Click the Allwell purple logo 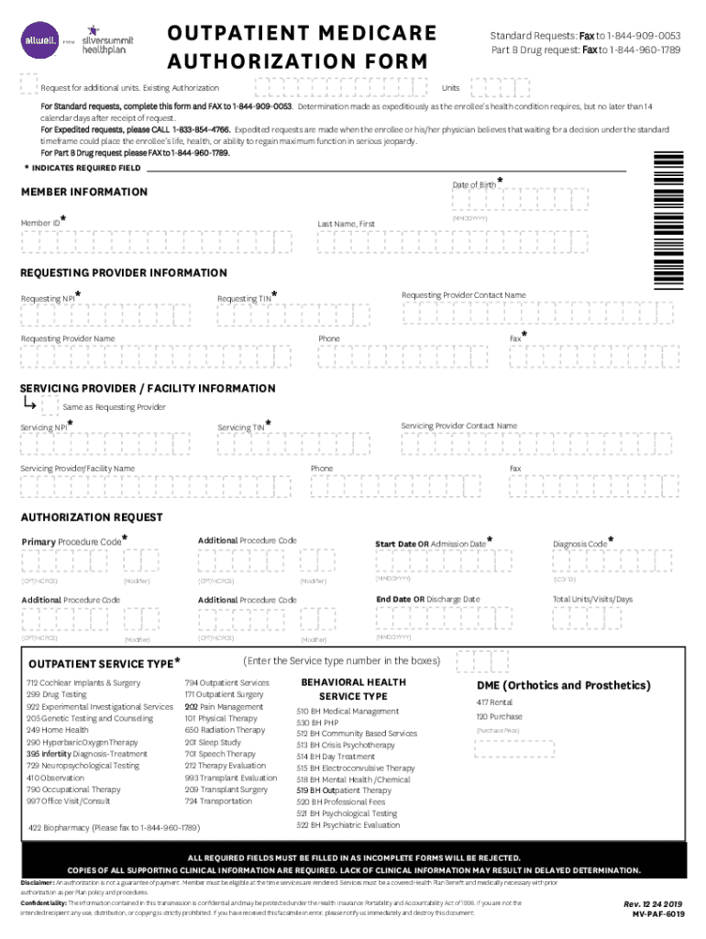click(x=39, y=39)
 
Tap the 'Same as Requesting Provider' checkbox click(x=50, y=404)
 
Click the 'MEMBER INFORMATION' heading click(x=83, y=192)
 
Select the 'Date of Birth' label click(x=474, y=184)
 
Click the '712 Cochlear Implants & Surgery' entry click(x=83, y=683)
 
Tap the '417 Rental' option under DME click(x=494, y=702)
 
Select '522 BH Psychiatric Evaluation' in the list click(x=347, y=824)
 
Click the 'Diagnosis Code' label click(x=579, y=544)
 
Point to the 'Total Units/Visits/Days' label click(x=592, y=599)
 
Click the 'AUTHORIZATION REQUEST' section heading click(x=92, y=517)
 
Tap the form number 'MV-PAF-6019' click(x=657, y=914)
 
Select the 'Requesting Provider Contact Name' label click(x=463, y=295)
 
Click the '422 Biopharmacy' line click(x=115, y=827)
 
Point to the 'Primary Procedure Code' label click(x=71, y=542)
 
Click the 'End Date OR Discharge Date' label click(x=427, y=599)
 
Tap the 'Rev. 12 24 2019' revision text click(x=654, y=902)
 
